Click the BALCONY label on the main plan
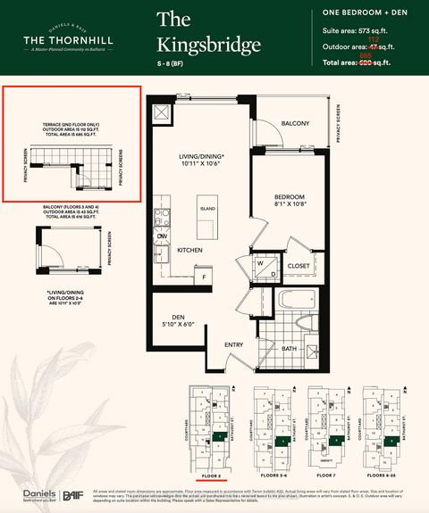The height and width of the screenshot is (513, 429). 295,123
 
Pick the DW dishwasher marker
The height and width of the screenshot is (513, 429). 163,236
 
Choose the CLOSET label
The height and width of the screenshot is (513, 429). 299,266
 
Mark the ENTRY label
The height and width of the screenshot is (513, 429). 234,344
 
